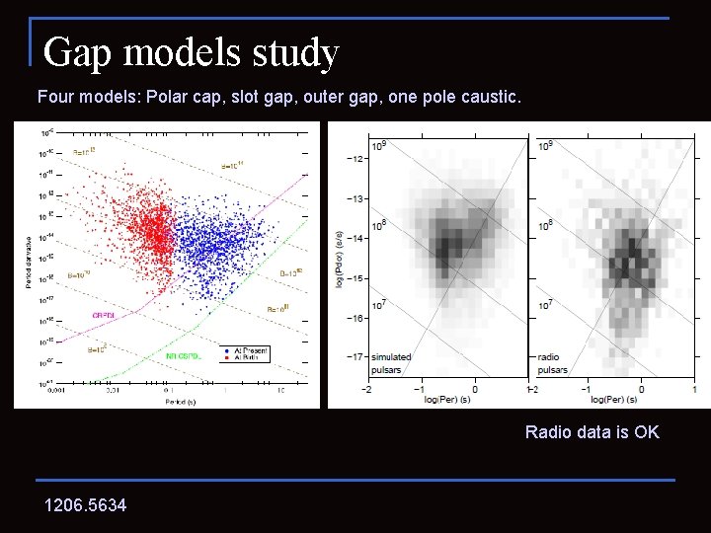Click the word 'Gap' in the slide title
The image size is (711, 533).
(77, 52)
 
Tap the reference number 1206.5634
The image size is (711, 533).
(85, 505)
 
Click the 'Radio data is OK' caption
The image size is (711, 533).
(592, 432)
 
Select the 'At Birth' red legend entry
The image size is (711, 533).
(245, 357)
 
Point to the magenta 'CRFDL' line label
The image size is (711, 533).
(104, 315)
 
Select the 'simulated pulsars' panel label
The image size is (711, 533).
(392, 363)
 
